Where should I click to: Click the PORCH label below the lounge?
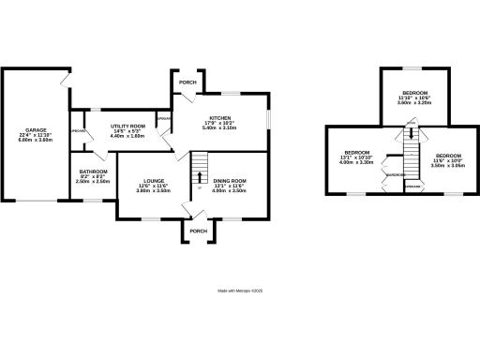(198, 231)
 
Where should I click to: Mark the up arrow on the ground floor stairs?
(199, 176)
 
